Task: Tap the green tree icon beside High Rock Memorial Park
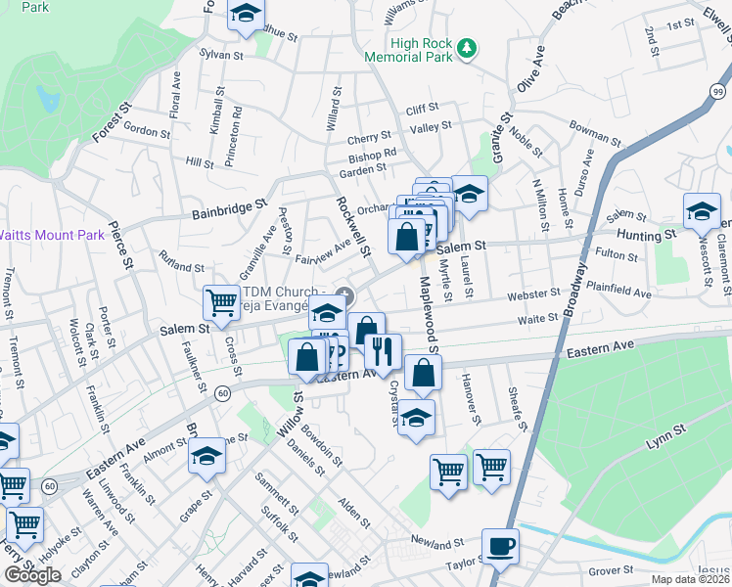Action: pyautogui.click(x=468, y=46)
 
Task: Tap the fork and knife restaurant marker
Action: pyautogui.click(x=383, y=349)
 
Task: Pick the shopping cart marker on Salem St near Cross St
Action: pyautogui.click(x=221, y=302)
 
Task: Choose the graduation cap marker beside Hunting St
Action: pyautogui.click(x=701, y=211)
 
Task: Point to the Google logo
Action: pyautogui.click(x=32, y=575)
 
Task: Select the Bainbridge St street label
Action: pyautogui.click(x=229, y=207)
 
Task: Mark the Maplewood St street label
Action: pyautogui.click(x=429, y=313)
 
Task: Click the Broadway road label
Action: pyautogui.click(x=576, y=289)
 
